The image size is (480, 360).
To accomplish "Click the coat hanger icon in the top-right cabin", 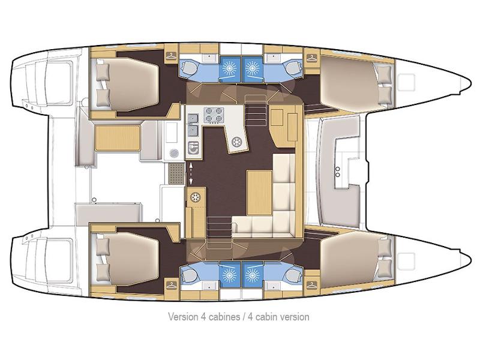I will [x=311, y=57].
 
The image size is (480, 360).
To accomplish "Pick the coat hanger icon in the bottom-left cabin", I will [x=172, y=284].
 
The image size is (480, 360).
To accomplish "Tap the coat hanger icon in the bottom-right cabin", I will [x=311, y=284].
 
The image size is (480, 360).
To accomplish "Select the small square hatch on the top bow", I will [x=410, y=80].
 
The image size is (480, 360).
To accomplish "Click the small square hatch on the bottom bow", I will [x=410, y=262].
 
